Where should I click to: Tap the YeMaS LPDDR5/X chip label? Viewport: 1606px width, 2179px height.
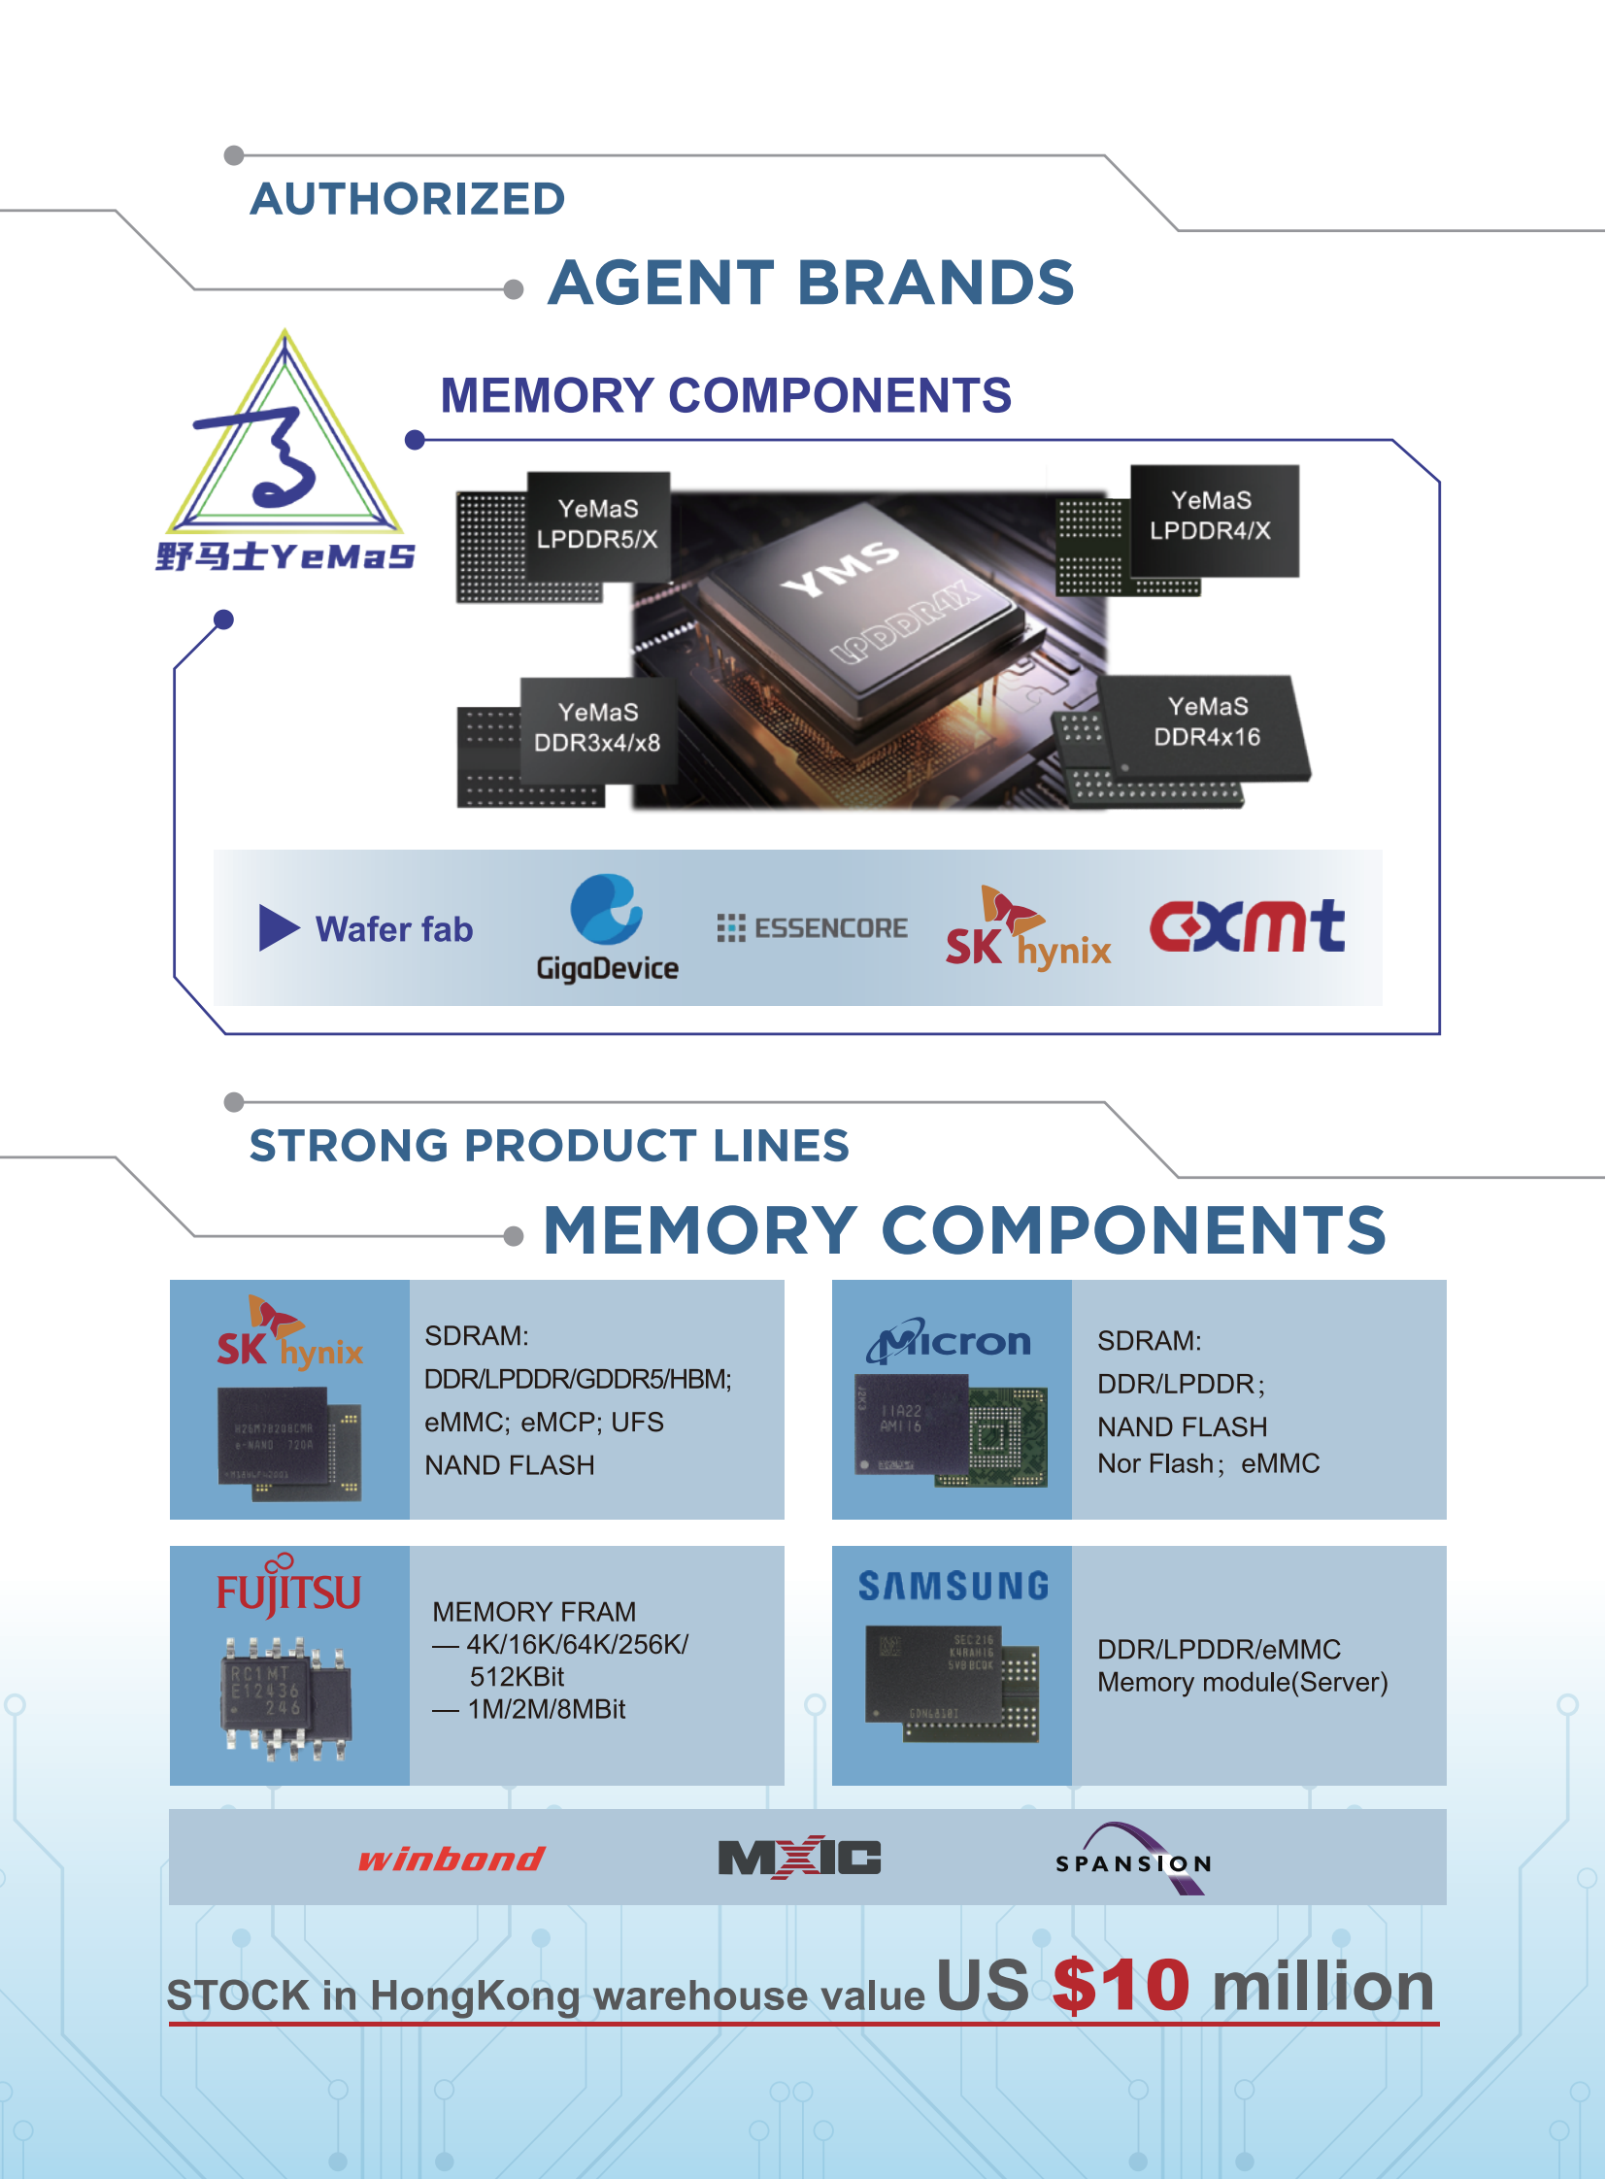point(598,525)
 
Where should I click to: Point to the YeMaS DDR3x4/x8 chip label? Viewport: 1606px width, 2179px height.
point(598,728)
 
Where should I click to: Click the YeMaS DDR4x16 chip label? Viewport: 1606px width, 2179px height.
point(1208,722)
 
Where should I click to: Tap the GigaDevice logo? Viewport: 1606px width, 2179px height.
point(608,926)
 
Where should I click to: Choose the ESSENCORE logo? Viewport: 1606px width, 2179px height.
point(812,928)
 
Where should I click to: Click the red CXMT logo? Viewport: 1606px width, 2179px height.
point(1248,925)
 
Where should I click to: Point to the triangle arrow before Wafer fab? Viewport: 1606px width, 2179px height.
point(278,927)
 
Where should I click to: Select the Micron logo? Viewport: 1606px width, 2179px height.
point(950,1343)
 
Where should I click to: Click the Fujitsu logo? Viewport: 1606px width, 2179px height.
point(288,1588)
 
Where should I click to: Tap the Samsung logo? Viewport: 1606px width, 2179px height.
point(953,1587)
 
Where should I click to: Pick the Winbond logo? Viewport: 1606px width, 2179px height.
point(452,1860)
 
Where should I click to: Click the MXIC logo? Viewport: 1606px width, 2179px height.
point(799,1859)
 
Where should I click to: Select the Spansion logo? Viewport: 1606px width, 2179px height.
point(1134,1861)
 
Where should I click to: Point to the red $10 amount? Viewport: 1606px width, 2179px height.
point(1121,1986)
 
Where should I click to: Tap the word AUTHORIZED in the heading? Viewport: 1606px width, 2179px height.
point(408,199)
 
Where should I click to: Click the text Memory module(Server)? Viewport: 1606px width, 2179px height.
point(1243,1682)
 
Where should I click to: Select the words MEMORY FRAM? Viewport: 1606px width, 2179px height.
point(534,1612)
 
